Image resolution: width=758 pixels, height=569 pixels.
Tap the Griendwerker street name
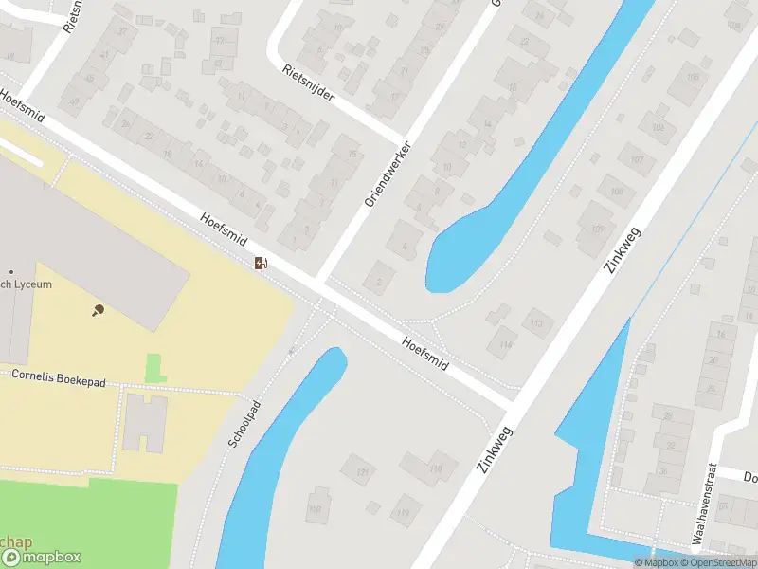click(389, 174)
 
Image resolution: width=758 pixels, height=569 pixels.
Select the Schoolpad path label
click(244, 424)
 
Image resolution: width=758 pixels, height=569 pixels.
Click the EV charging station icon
click(261, 264)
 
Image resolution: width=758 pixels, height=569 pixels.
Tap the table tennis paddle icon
click(98, 310)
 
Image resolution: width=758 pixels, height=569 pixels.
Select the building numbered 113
click(536, 324)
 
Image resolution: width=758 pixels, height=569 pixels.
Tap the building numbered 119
click(406, 512)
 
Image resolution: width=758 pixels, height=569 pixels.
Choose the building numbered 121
click(361, 470)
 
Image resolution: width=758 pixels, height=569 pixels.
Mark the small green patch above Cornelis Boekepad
click(153, 367)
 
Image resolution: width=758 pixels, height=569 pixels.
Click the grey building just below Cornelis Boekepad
click(145, 422)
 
